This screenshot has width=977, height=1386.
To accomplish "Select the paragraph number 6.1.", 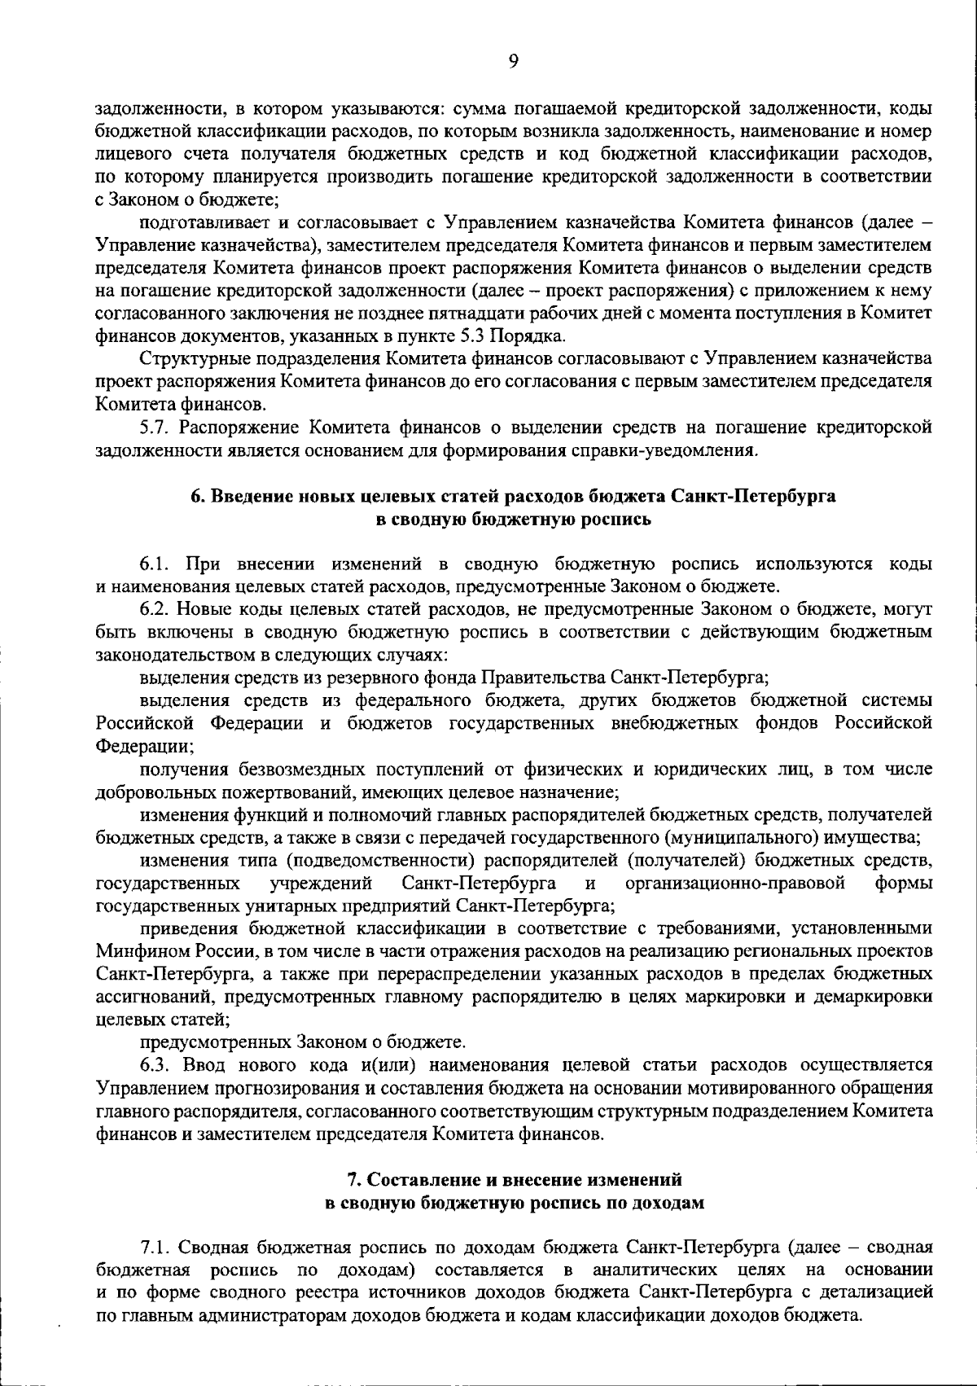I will (x=155, y=564).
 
